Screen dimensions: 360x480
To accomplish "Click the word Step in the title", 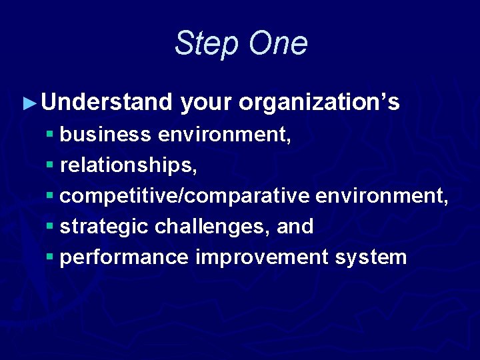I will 207,44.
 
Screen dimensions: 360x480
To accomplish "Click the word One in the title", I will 279,43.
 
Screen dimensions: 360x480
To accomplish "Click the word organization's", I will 319,103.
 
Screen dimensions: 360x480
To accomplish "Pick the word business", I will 105,135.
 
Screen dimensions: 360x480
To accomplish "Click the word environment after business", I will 224,135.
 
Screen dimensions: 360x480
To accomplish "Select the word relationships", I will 128,165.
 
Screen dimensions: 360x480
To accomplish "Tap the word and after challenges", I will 295,227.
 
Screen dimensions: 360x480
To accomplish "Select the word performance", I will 124,257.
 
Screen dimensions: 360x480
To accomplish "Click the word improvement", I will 258,257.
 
